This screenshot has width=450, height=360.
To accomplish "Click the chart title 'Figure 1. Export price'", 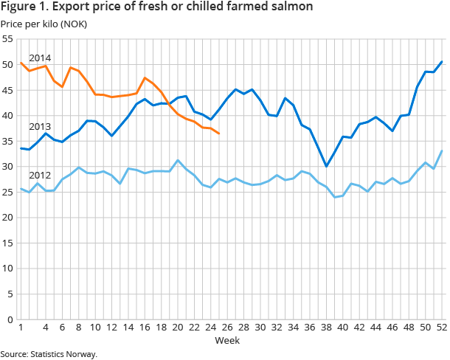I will coord(156,7).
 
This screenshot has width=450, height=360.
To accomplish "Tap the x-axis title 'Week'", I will coord(226,340).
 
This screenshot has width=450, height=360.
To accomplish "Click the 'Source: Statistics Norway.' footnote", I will coord(49,354).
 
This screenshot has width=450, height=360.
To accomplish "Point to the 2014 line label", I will coord(39,58).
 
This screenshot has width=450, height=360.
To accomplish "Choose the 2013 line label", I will coord(39,127).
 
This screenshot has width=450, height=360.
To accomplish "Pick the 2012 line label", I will coord(39,176).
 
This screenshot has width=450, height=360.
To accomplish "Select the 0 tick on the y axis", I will coord(10,319).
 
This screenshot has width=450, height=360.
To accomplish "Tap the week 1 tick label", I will coord(21,328).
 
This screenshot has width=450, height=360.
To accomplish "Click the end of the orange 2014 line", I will coord(218,134).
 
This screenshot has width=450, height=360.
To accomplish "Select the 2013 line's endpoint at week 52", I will coord(441,62).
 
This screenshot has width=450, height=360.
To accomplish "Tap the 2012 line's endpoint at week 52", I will coord(441,151).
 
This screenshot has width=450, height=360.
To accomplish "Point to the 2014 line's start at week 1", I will coord(21,63).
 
